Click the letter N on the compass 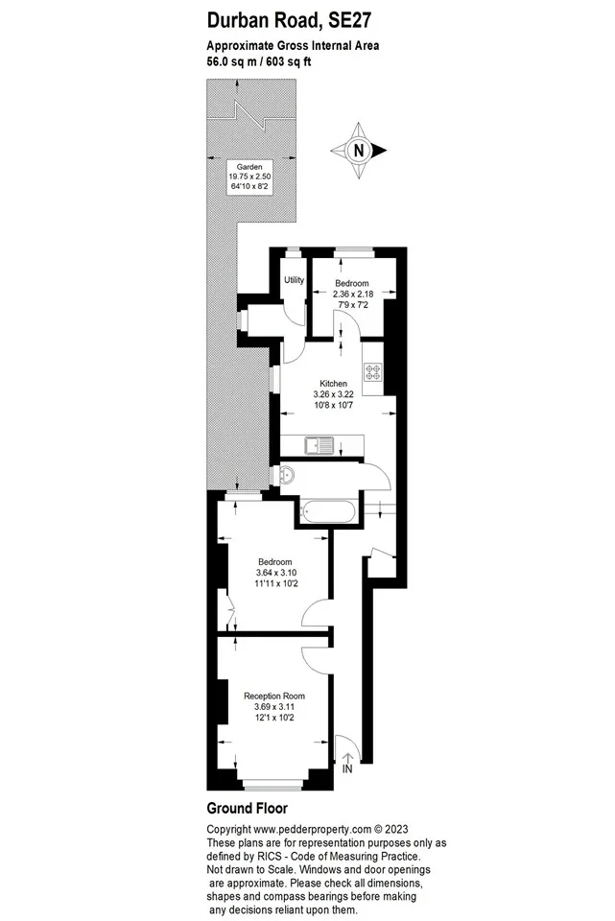358,151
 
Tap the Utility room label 295,279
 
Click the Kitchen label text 333,384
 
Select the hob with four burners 373,371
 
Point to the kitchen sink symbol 319,445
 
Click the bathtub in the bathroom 327,511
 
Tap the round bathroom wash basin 287,473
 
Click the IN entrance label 347,768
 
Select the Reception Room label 274,697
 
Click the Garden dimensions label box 249,177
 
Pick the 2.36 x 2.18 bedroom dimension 353,294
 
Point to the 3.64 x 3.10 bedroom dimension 276,573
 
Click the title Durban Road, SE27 289,20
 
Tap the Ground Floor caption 248,808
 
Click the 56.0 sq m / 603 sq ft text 259,61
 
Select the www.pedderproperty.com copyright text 313,829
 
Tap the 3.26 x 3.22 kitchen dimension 334,394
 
